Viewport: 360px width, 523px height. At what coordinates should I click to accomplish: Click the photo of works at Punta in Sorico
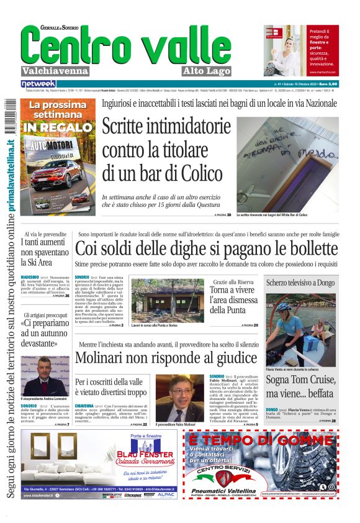pos(166,300)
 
